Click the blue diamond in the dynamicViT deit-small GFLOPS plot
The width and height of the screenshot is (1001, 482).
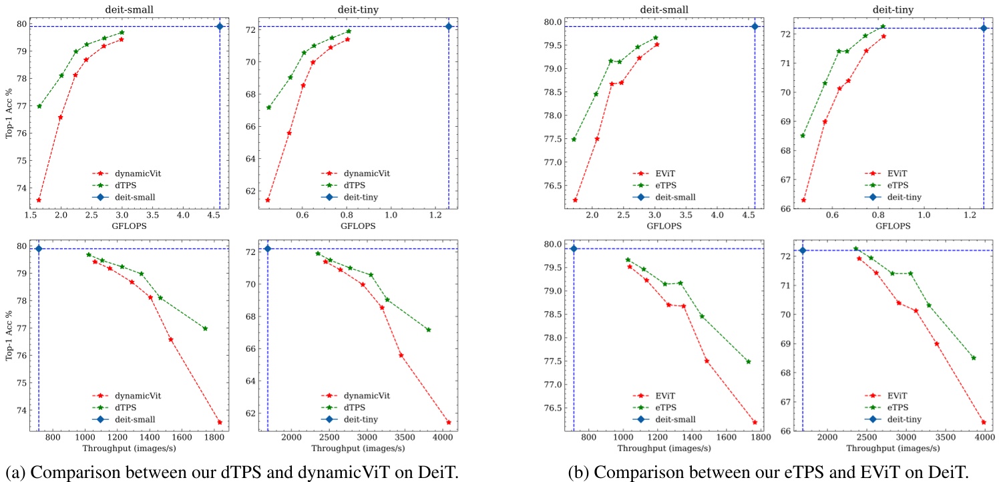coord(220,26)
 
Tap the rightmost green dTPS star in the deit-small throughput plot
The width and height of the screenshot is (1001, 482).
coord(205,328)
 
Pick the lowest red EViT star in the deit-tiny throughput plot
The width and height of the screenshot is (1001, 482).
coord(984,422)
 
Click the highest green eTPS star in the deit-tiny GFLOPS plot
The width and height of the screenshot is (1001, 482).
coord(883,27)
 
